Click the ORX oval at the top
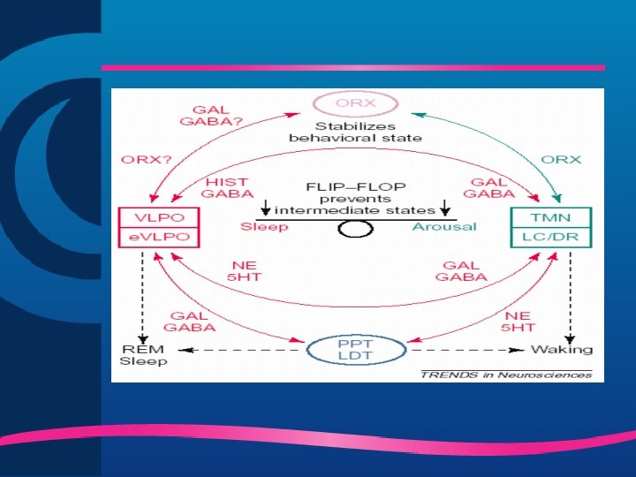pyautogui.click(x=355, y=102)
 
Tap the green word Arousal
pyautogui.click(x=443, y=226)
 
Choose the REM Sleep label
pyautogui.click(x=143, y=355)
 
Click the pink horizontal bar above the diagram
pyautogui.click(x=353, y=67)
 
